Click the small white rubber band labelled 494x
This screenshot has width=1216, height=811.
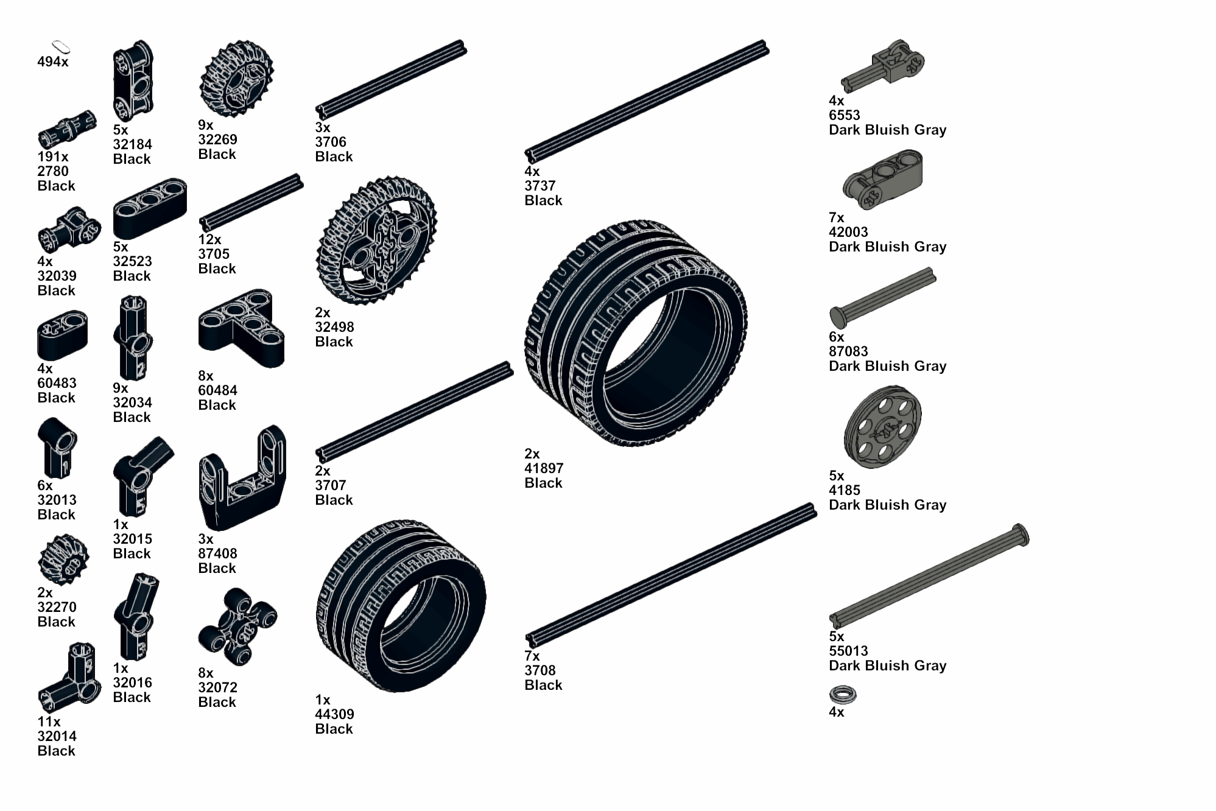click(62, 47)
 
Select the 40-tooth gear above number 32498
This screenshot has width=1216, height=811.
click(377, 240)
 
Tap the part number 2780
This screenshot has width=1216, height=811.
click(53, 171)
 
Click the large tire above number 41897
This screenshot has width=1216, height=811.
click(636, 333)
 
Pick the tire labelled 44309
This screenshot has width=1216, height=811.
click(401, 605)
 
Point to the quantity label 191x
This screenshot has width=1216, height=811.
click(53, 156)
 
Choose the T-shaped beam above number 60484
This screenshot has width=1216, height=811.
click(242, 328)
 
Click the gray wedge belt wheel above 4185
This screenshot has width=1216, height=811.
click(882, 426)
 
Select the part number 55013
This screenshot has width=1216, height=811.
click(848, 651)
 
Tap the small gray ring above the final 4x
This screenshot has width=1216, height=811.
click(843, 694)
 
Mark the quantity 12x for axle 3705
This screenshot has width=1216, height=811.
click(209, 239)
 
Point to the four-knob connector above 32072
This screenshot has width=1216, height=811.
click(237, 626)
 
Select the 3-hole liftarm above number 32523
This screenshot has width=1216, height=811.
click(150, 208)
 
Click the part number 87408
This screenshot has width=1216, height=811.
click(217, 553)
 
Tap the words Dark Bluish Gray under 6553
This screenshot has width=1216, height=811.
click(888, 130)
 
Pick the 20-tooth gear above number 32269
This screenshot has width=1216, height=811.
click(236, 79)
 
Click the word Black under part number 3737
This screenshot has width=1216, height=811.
click(543, 200)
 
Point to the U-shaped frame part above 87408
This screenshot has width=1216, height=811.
click(242, 479)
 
